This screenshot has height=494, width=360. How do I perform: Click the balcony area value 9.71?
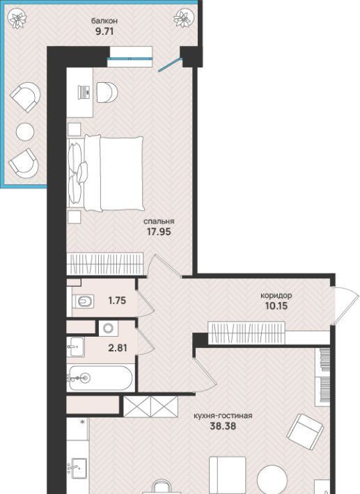[104, 31]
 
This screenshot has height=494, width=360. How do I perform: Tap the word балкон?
[104, 21]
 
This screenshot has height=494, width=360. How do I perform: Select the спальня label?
[159, 221]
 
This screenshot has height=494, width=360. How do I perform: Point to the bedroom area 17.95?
[159, 232]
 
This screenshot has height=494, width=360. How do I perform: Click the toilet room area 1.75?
[117, 301]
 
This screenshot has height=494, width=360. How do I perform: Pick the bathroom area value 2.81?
[118, 348]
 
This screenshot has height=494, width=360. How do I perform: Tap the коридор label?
[276, 296]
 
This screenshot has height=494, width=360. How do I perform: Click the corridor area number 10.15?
[276, 305]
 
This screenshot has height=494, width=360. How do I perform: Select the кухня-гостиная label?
[223, 416]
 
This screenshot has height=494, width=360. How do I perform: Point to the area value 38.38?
[223, 427]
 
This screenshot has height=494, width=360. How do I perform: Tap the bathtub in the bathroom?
[101, 378]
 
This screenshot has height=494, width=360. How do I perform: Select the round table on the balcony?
[25, 132]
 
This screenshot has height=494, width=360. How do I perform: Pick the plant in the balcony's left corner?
[17, 19]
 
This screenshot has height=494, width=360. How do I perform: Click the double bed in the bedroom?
[106, 173]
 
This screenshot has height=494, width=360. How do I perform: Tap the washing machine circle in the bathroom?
[109, 328]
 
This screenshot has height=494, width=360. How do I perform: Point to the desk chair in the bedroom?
[107, 93]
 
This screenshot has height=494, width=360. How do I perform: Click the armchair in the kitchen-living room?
[305, 431]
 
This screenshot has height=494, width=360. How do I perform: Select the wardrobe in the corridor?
[246, 333]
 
